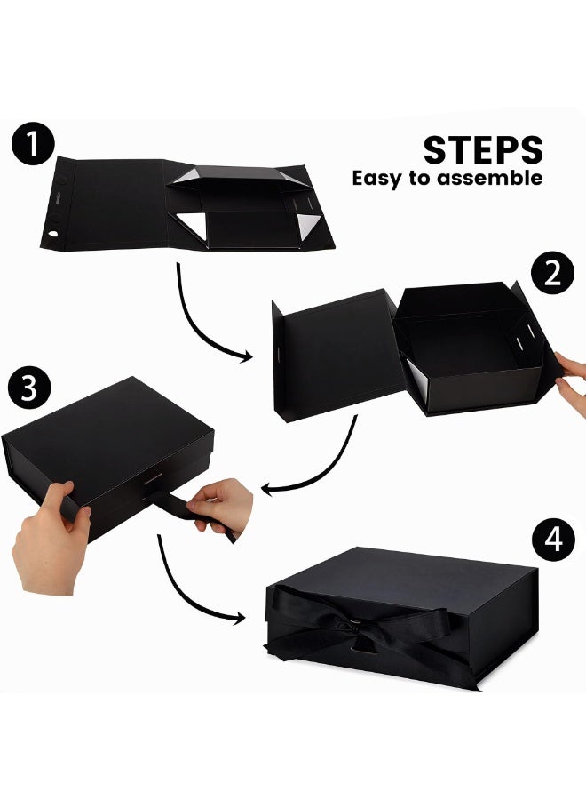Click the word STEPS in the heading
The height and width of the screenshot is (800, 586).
pos(483,150)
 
